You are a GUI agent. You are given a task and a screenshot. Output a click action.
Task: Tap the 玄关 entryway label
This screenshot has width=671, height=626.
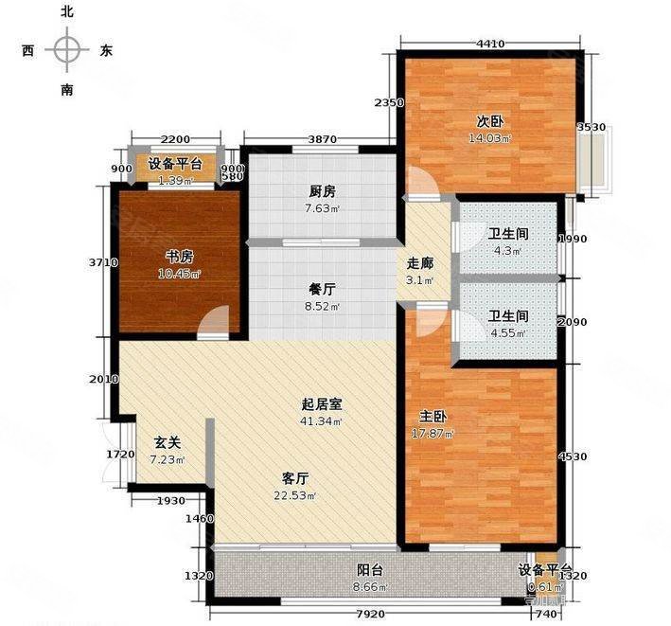(x=168, y=441)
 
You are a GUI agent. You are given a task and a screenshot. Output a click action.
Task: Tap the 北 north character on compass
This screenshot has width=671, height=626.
(x=67, y=12)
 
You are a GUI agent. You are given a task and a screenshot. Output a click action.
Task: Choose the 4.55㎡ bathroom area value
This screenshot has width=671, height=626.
(x=507, y=332)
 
